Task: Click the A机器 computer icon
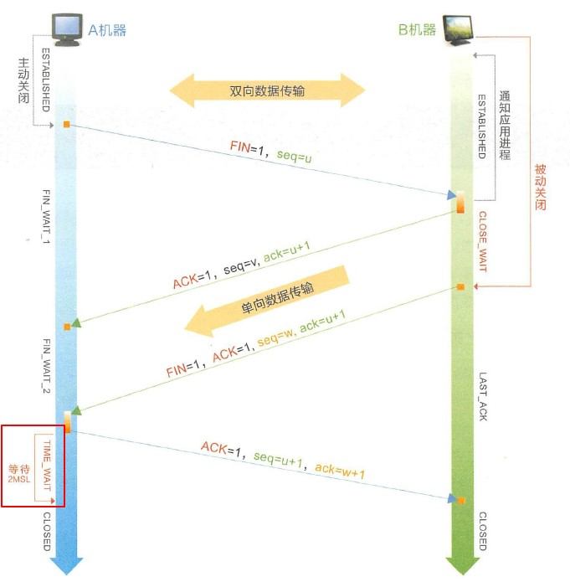66,28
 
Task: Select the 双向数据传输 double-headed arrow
267,91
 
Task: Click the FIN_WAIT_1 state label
48,216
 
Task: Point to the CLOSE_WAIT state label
482,242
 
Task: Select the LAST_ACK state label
482,396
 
